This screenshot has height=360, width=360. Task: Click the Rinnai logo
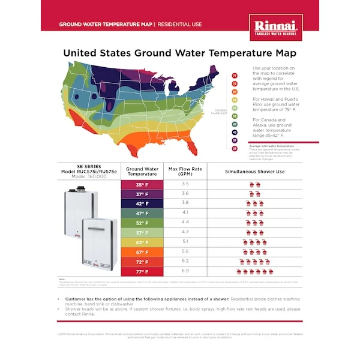[x=275, y=28]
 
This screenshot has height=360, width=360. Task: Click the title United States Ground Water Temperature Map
[x=180, y=53]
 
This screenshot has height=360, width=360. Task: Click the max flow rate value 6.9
[x=185, y=272]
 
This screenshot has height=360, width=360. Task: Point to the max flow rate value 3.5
[x=185, y=184]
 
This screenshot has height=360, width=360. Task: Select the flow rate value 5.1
[x=185, y=242]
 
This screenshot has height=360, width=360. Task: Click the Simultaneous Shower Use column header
[x=254, y=171]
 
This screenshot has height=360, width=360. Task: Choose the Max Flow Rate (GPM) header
[x=185, y=171]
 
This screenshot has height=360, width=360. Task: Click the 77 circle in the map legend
[x=235, y=76]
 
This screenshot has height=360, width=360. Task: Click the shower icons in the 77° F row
[x=254, y=272]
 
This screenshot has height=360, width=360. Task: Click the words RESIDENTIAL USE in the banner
[x=180, y=25]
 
